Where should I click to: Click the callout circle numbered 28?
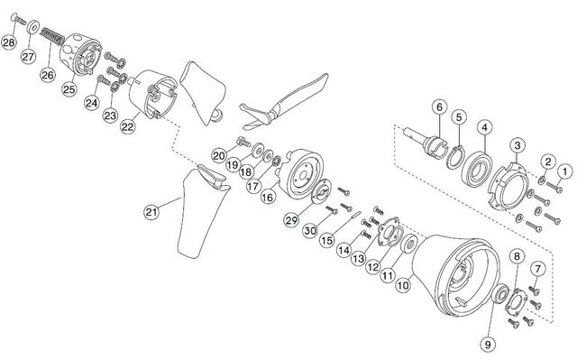(9, 42)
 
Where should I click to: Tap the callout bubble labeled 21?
(151, 212)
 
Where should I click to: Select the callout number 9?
(489, 345)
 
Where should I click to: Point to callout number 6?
(439, 107)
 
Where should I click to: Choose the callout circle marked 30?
(310, 230)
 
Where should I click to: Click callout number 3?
(517, 145)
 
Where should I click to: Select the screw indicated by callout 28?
(18, 19)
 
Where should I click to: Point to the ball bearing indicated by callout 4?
(477, 168)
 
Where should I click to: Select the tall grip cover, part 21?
(203, 212)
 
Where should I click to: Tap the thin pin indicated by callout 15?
(356, 215)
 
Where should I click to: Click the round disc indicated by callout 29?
(321, 191)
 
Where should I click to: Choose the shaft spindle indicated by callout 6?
(426, 142)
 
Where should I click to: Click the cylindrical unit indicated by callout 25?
(80, 54)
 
